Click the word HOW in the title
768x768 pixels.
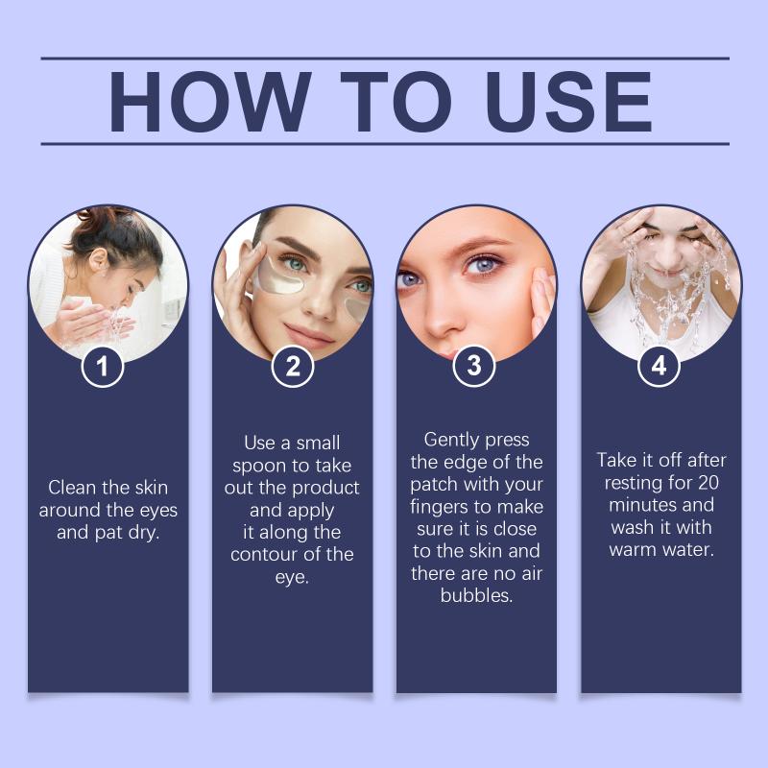209,102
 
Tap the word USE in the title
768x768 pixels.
568,102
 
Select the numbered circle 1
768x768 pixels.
102,366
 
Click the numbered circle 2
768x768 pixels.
293,366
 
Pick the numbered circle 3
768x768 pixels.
474,366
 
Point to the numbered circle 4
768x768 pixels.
659,366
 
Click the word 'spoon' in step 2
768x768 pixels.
259,467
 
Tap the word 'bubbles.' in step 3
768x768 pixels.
476,595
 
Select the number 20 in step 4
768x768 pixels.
708,483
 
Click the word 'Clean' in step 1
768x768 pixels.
73,488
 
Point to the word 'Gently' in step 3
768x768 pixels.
449,441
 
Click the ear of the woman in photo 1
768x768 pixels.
98,258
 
